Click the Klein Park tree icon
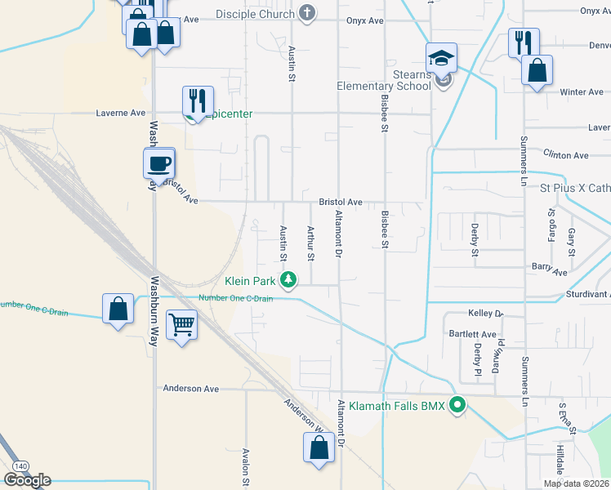(x=288, y=281)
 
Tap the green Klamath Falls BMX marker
(x=458, y=404)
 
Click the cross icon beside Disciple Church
(x=307, y=13)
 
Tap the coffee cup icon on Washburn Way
(x=158, y=163)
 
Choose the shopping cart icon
(x=181, y=324)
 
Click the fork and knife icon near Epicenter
(x=198, y=100)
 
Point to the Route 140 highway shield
(x=20, y=465)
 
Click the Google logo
(x=27, y=480)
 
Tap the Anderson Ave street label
(x=191, y=389)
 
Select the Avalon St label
(x=245, y=466)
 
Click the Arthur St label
(x=310, y=243)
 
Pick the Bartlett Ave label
(x=472, y=334)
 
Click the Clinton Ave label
(x=566, y=155)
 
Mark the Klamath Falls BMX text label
(x=396, y=405)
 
